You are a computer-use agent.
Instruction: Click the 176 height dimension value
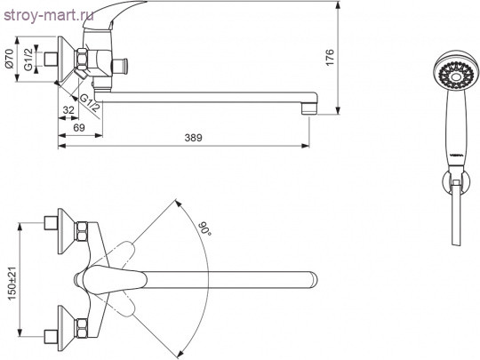330,57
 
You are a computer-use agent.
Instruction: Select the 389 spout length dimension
194,138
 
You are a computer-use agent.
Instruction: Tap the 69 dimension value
79,127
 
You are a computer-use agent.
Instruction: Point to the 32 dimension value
68,110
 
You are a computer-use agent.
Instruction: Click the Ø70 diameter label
9,58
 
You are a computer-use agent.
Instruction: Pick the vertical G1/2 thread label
28,59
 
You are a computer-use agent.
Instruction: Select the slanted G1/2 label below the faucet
90,103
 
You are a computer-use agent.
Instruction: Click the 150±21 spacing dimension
12,284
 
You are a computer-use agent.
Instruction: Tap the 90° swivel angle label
204,228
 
